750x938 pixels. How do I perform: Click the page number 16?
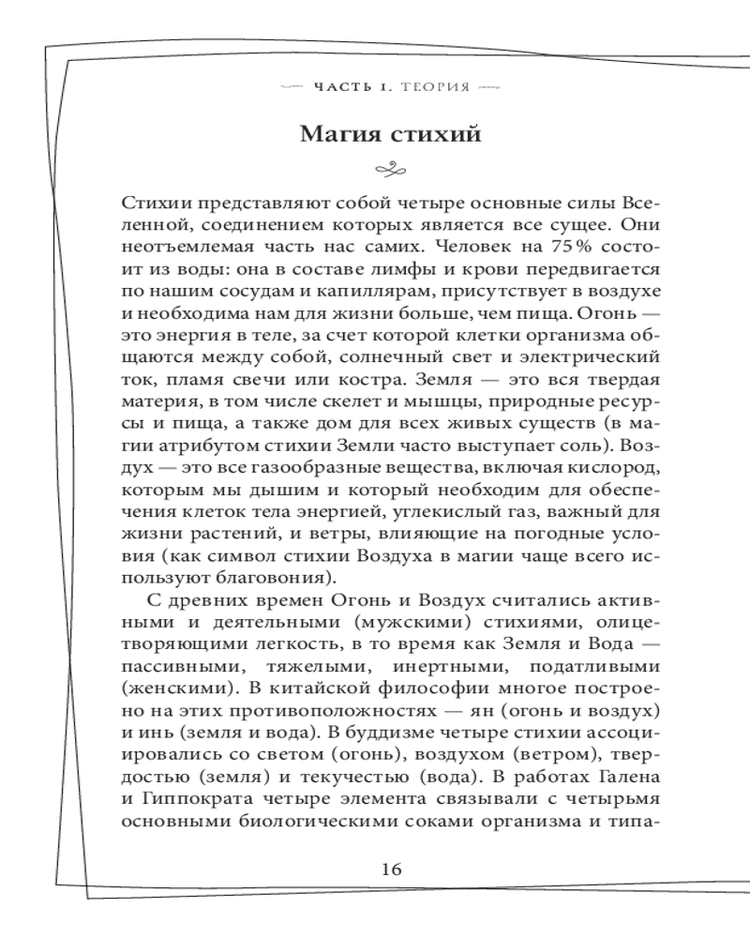pos(392,869)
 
